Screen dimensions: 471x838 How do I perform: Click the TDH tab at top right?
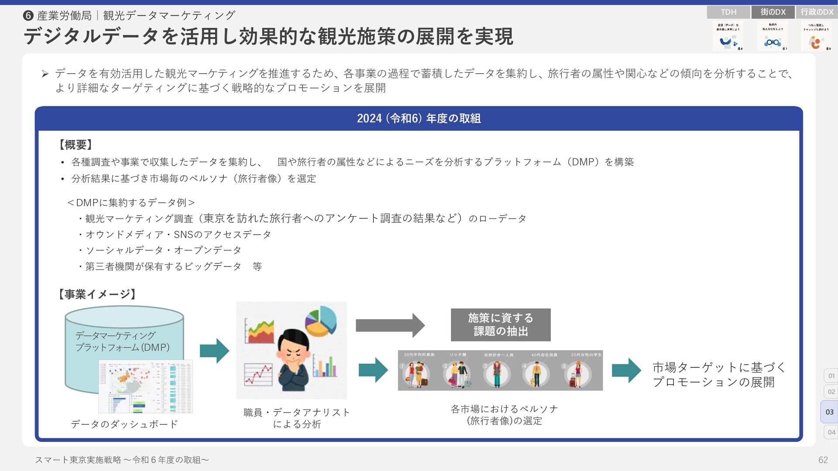pyautogui.click(x=728, y=12)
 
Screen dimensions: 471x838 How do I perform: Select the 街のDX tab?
pyautogui.click(x=773, y=12)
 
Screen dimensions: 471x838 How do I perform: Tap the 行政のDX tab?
pyautogui.click(x=817, y=12)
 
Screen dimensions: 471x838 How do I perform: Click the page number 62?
pyautogui.click(x=823, y=460)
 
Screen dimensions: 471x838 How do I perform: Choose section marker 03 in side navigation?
pyautogui.click(x=829, y=412)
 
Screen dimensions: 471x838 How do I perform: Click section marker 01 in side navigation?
pyautogui.click(x=831, y=375)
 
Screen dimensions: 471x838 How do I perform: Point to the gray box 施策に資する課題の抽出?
pyautogui.click(x=501, y=325)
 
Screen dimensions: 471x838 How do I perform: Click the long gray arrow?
pyautogui.click(x=390, y=325)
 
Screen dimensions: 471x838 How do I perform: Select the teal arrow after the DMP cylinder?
pyautogui.click(x=214, y=351)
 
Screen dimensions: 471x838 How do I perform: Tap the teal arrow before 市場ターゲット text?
pyautogui.click(x=626, y=370)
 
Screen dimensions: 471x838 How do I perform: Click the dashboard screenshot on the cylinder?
pyautogui.click(x=145, y=386)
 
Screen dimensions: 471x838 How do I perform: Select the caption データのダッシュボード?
pyautogui.click(x=124, y=424)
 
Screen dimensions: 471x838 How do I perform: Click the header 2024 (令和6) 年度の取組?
pyautogui.click(x=419, y=119)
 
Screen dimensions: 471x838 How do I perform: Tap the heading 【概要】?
pyautogui.click(x=75, y=145)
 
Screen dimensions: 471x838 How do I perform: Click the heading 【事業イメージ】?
pyautogui.click(x=97, y=294)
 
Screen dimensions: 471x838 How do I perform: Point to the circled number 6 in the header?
pyautogui.click(x=28, y=16)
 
